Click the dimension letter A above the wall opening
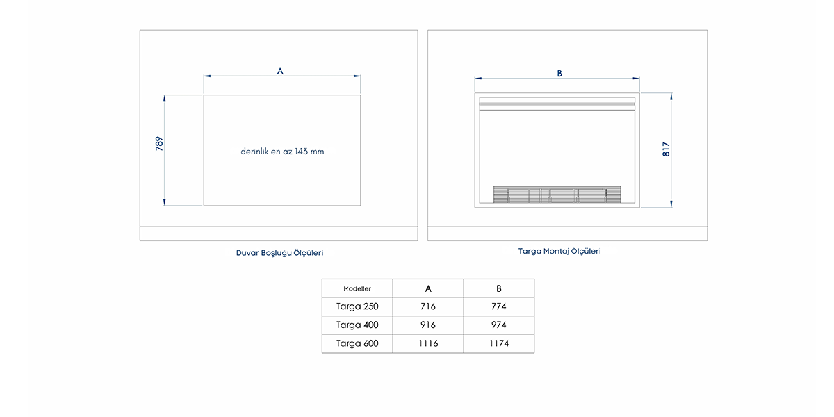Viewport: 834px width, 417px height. (x=280, y=71)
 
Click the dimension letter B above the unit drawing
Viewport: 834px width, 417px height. (x=559, y=74)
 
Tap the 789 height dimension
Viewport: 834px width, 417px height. (x=159, y=144)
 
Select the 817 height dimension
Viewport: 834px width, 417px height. (x=666, y=149)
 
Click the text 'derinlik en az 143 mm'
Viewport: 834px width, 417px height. (x=282, y=152)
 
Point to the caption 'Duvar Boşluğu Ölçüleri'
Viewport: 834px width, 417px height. (x=279, y=253)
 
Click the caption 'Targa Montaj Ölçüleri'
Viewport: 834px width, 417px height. (x=559, y=251)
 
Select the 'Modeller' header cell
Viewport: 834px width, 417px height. (x=357, y=288)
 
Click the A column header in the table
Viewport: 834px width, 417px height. (x=428, y=288)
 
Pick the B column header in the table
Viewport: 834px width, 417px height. (x=499, y=288)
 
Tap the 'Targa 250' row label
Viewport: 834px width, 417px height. (x=357, y=306)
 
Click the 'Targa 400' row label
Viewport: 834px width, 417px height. (x=357, y=325)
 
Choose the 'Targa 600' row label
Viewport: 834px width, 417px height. (x=357, y=343)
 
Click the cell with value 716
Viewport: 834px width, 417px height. (x=428, y=306)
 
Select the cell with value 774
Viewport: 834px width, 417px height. (x=499, y=306)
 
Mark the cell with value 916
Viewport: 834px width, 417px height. (x=428, y=325)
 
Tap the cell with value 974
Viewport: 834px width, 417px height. (x=499, y=325)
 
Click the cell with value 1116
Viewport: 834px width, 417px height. (x=428, y=343)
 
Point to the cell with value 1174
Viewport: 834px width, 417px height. (x=499, y=343)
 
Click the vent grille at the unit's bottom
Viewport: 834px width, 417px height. (x=557, y=195)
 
